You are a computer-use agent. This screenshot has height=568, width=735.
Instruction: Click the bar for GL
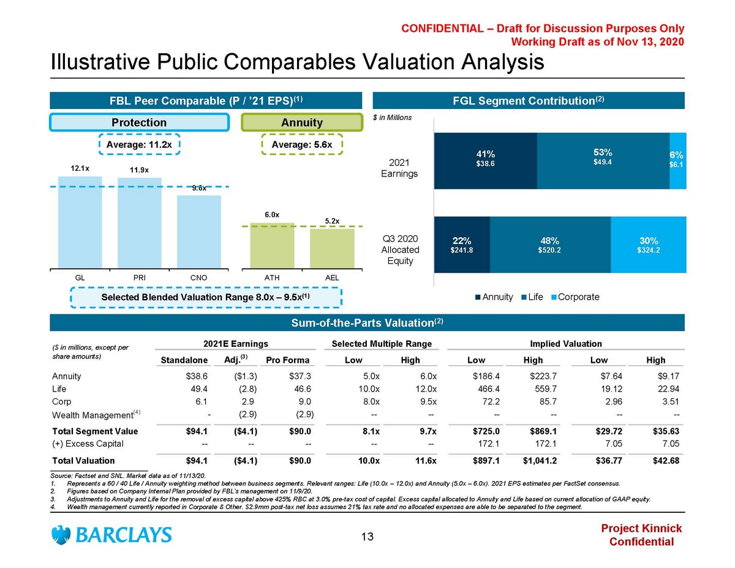pos(80,222)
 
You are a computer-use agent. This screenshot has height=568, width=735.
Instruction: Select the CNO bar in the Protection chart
pos(199,231)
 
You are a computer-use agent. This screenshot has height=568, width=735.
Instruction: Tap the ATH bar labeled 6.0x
pos(272,245)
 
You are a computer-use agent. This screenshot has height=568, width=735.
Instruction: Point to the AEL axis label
pos(332,278)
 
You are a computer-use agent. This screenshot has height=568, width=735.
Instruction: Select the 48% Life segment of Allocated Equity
pos(549,244)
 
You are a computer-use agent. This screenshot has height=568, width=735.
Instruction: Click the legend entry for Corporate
pos(575,297)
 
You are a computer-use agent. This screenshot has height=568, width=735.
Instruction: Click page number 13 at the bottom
pos(367,537)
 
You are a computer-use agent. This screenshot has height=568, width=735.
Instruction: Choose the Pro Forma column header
pos(287,360)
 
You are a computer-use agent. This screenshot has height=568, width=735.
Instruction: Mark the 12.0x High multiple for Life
pos(424,388)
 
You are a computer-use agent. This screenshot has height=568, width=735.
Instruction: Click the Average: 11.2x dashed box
pos(140,145)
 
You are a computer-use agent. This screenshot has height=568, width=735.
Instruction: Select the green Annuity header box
pos(301,123)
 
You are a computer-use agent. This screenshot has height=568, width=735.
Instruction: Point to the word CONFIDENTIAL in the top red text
pos(438,29)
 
